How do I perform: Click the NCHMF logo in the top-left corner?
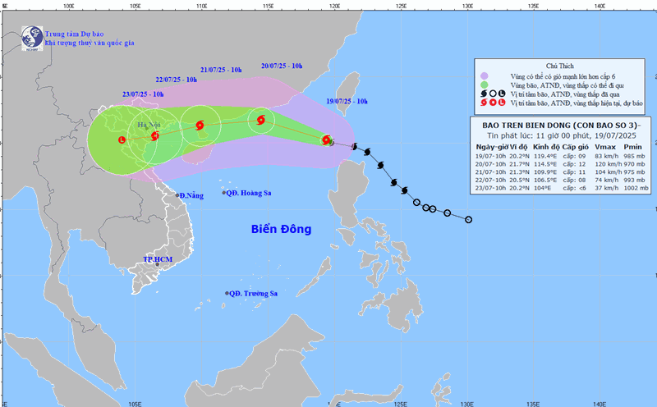point(31,37)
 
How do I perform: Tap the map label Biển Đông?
point(282,230)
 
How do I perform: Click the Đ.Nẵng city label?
point(191,195)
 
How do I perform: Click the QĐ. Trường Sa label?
point(255,294)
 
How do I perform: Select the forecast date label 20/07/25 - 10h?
point(282,66)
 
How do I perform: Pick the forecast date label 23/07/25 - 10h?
point(143,94)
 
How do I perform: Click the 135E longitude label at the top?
point(532,5)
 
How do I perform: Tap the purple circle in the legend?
point(486,75)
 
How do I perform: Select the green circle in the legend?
point(486,85)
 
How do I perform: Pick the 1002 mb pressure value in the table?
point(634,189)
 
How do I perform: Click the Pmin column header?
point(633,146)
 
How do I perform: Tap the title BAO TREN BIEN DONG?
point(534,124)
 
